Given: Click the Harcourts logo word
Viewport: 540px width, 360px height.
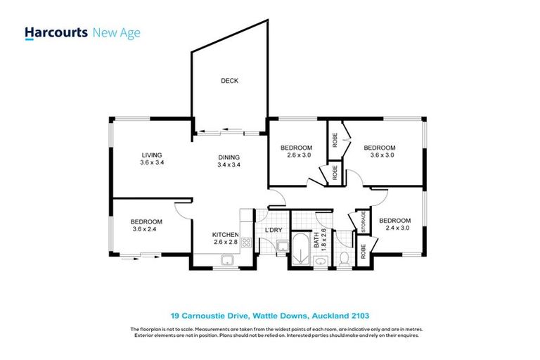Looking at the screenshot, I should (x=56, y=32).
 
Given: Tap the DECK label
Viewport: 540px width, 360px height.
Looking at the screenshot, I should (x=229, y=81).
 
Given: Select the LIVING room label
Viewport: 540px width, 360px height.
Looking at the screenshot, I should (x=152, y=155).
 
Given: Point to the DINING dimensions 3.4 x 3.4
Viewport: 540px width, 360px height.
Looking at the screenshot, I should (x=229, y=165).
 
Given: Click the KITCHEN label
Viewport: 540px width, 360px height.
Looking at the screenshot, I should (x=226, y=235).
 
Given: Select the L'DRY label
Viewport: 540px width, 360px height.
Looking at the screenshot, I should (x=274, y=230).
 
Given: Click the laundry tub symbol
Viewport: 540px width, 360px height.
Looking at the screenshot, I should (x=281, y=245).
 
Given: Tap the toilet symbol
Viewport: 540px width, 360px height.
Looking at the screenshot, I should (x=344, y=259).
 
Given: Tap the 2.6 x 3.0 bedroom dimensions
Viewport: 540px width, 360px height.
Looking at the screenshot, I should (x=296, y=156).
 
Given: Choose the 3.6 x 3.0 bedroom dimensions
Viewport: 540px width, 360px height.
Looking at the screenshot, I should (x=379, y=156).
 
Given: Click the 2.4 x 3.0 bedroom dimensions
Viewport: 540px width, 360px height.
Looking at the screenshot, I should (x=394, y=229).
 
